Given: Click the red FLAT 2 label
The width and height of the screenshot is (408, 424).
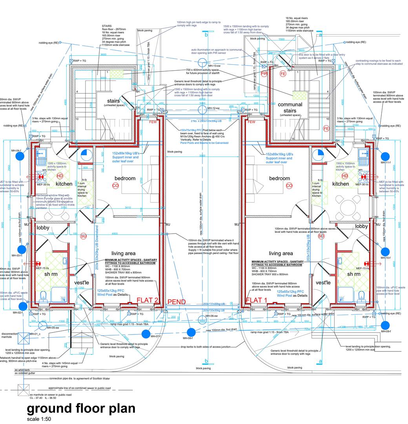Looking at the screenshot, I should [x=147, y=301].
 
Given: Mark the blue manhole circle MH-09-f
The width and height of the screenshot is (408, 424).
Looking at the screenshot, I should [x=385, y=325].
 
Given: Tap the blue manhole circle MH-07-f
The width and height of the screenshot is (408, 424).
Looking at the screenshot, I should [x=146, y=334].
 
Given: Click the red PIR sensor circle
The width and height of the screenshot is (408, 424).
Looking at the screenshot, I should [x=264, y=74].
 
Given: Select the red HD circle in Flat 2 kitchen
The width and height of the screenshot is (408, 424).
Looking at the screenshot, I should [x=60, y=176].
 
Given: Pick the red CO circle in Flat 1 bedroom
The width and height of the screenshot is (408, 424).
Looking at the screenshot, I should [x=289, y=185].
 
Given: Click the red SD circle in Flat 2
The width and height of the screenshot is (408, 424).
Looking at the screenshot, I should [x=84, y=236].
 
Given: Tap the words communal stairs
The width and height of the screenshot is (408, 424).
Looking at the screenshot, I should [x=290, y=108].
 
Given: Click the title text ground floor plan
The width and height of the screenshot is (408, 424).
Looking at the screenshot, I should [x=81, y=408].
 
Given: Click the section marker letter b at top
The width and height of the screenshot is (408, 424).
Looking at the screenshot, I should [x=206, y=35].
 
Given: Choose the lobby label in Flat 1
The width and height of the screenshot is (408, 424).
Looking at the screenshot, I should [x=361, y=226].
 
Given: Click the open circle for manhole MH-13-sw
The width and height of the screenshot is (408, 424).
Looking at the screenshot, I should [x=202, y=63].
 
